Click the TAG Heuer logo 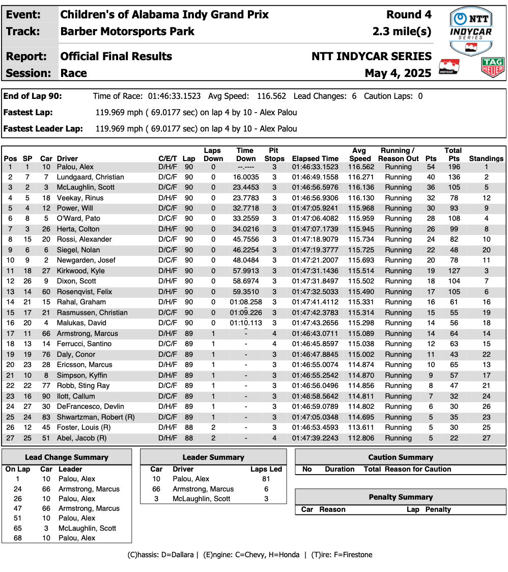(492, 67)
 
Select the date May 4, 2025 (398, 73)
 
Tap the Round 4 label (409, 15)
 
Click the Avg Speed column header (360, 154)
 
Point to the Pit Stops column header (274, 154)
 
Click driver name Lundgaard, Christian (90, 177)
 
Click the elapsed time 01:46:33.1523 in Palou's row (315, 167)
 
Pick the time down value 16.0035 (246, 177)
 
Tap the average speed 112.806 (361, 438)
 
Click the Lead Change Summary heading (67, 457)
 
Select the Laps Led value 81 (266, 479)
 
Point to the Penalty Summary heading (401, 497)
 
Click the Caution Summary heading (401, 457)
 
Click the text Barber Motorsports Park (127, 32)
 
